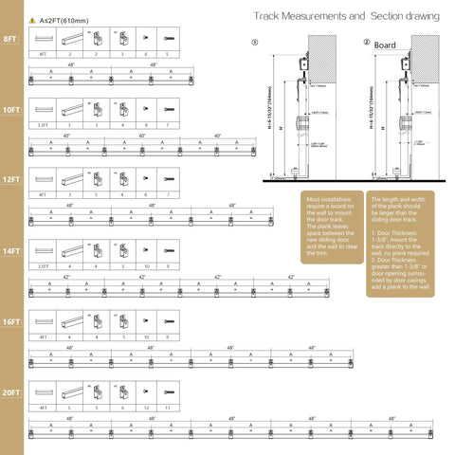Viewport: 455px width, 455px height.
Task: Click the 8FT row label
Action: click(x=10, y=40)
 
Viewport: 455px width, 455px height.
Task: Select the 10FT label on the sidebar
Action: click(x=11, y=110)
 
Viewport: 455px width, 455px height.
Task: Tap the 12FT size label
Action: click(x=11, y=179)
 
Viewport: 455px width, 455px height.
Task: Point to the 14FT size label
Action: click(x=11, y=251)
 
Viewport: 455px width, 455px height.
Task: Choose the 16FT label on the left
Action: click(x=11, y=322)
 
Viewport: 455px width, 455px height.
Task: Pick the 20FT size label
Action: click(x=11, y=391)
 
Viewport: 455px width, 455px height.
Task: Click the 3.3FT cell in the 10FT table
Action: click(x=44, y=124)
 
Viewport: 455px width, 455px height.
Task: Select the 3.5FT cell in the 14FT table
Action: click(x=44, y=266)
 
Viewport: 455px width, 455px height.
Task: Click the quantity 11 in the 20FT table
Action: click(x=168, y=407)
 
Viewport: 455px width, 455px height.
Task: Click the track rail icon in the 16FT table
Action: click(x=70, y=321)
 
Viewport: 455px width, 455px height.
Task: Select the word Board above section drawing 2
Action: click(x=386, y=45)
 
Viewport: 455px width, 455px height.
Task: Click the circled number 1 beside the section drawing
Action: click(x=254, y=43)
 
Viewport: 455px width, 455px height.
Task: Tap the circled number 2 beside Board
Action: click(x=367, y=43)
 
